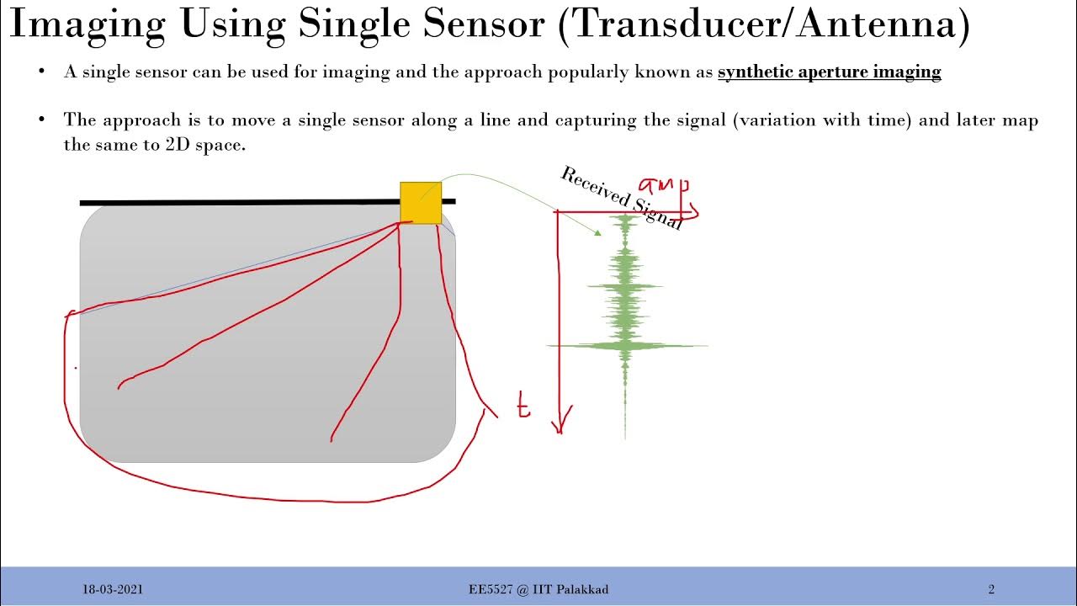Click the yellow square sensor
pos(421,202)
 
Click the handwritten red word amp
pos(665,187)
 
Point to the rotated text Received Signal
pos(621,198)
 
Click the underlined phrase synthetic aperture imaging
pos(829,72)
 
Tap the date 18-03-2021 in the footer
pos(112,589)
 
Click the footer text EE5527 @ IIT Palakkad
pos(538,589)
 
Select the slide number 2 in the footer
pos(991,589)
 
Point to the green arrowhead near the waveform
pos(597,231)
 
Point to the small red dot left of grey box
pos(77,367)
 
